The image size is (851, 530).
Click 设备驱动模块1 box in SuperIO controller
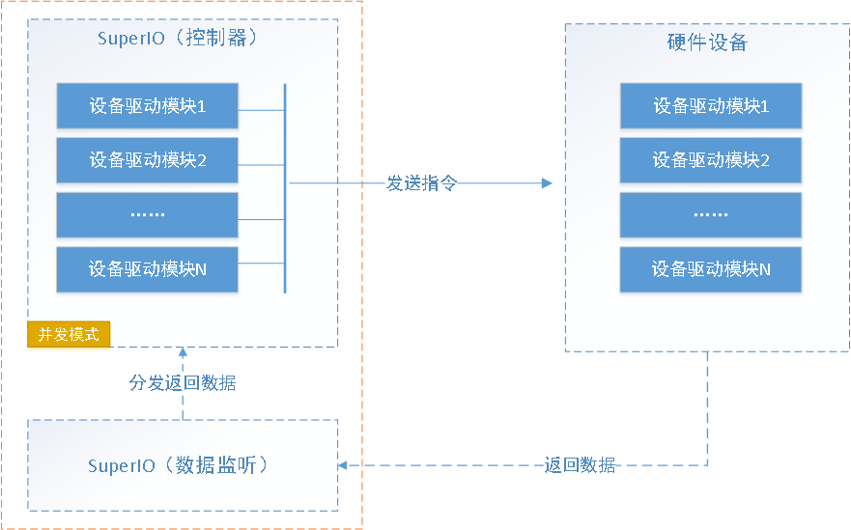147,106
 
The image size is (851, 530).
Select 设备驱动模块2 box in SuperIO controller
147,160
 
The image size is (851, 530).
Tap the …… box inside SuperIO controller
147,215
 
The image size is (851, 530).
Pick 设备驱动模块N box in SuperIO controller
147,269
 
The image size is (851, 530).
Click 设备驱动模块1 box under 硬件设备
710,106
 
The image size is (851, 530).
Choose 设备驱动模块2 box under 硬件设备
710,160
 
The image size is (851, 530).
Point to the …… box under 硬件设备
710,215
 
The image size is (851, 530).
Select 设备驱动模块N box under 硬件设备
710,269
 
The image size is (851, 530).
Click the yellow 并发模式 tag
69,334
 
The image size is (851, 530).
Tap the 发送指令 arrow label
422,183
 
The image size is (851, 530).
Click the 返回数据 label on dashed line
580,465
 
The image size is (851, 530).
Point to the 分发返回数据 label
183,383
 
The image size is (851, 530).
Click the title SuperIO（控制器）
178,38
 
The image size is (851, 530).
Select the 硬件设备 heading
707,42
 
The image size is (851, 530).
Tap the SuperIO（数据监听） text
178,465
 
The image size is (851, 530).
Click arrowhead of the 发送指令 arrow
547,183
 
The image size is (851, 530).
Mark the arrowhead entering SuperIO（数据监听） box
343,465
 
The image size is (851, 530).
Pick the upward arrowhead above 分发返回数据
183,352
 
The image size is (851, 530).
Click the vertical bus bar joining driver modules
285,188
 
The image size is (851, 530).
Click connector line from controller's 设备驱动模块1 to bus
261,110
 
